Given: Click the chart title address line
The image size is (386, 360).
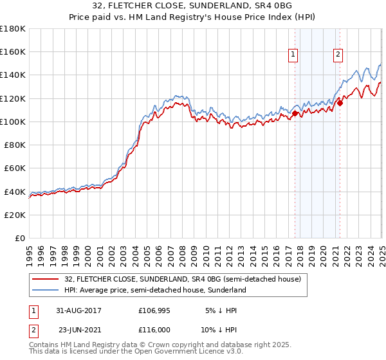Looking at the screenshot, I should click(x=193, y=6).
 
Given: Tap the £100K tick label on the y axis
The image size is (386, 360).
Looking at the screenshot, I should click(x=13, y=122).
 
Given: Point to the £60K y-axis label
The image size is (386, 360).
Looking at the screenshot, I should click(x=15, y=168).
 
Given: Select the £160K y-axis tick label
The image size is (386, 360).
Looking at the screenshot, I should click(x=13, y=51).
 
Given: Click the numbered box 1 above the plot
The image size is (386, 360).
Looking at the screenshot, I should click(x=293, y=55).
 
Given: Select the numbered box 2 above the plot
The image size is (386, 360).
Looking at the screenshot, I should click(x=338, y=55).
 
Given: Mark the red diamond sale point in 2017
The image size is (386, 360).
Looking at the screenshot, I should click(x=295, y=114).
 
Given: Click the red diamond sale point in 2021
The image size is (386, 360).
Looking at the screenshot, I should click(x=340, y=103).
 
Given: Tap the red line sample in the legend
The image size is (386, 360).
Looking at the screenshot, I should click(x=45, y=279).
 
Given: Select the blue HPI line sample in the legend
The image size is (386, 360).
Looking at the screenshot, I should click(x=45, y=290).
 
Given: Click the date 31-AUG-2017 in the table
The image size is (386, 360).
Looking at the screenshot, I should click(x=79, y=310).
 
